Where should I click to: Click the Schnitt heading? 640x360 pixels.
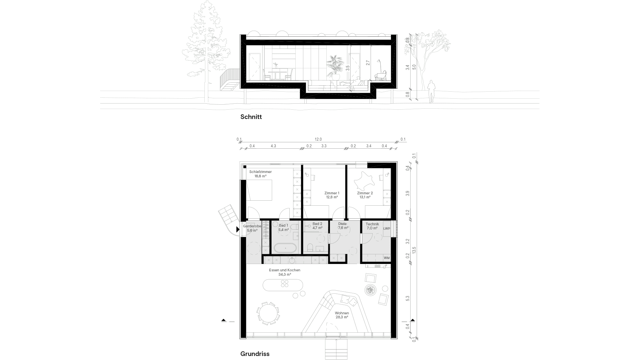pos(251,117)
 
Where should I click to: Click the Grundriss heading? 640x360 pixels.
pos(255,354)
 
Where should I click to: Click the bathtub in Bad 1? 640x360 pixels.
pos(285,248)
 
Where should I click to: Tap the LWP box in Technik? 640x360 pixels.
pos(387,229)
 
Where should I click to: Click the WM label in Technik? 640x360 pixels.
pos(387,258)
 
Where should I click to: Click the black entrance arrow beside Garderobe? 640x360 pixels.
pos(238,229)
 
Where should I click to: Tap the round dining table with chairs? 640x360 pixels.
pos(268,313)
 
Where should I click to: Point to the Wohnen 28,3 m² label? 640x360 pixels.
pos(342,315)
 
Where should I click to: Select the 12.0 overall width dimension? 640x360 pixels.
pos(318,139)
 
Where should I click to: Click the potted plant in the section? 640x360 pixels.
pos(334,67)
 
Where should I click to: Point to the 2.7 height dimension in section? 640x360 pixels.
pos(368,62)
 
